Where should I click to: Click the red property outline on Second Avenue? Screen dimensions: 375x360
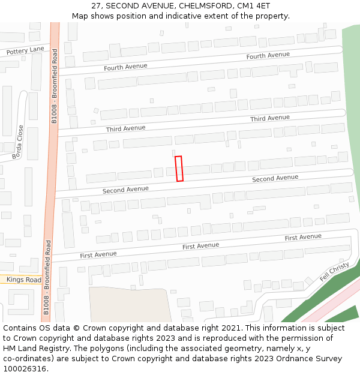click(x=179, y=169)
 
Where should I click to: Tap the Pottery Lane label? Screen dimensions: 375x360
click(x=25, y=50)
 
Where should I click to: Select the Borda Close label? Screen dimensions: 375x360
click(x=17, y=142)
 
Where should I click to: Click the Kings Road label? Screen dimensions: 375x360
click(x=25, y=280)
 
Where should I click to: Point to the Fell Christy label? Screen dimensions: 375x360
click(x=334, y=272)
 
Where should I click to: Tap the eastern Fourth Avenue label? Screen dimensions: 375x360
click(x=268, y=55)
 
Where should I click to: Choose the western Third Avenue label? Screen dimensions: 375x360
click(x=126, y=128)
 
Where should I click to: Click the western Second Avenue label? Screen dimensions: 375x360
click(x=125, y=190)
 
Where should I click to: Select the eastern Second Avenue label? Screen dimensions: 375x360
click(x=275, y=178)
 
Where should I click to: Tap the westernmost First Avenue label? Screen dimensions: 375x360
click(x=98, y=254)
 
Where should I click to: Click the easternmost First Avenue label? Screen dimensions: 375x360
click(x=303, y=238)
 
